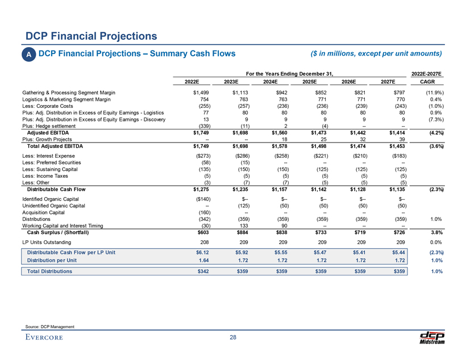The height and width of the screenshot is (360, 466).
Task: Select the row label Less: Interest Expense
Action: (50, 155)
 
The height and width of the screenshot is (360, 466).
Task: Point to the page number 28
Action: (232, 339)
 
